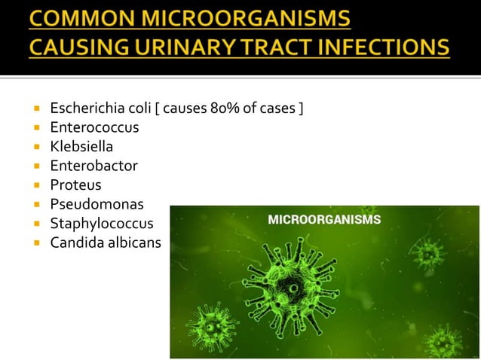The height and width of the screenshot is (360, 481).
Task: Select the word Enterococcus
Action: (94, 128)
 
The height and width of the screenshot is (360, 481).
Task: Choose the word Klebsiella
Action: (81, 147)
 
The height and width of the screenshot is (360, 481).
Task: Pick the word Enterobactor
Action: (94, 166)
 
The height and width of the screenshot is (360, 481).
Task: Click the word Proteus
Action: (75, 185)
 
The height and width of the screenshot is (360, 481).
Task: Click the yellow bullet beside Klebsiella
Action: (35, 148)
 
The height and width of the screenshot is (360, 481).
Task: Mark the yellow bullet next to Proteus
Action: (35, 185)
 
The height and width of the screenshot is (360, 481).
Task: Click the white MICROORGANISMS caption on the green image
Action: (325, 221)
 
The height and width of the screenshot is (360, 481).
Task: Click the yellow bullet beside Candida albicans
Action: (35, 243)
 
